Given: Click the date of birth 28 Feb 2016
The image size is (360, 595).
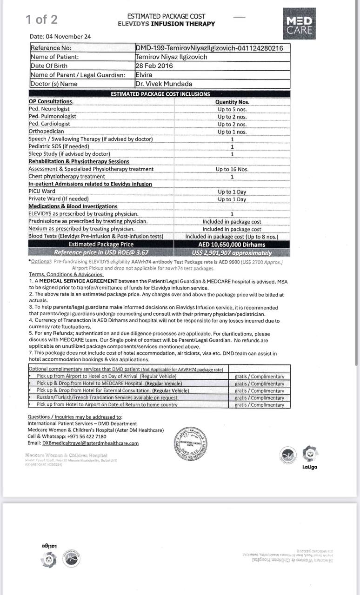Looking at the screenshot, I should [154, 66].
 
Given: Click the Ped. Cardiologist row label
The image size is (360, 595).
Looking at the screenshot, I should [49, 124].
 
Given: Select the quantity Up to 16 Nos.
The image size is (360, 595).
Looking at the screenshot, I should [232, 169].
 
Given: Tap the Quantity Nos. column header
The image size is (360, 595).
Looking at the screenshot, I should [232, 102].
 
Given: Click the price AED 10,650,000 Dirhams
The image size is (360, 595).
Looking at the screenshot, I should [232, 245].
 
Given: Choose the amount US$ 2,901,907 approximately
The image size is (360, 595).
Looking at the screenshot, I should [232, 253].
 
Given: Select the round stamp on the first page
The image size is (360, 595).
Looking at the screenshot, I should [190, 444].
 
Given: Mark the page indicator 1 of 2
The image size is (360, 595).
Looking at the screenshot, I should [42, 20].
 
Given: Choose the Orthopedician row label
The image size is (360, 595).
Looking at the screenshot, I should [47, 132].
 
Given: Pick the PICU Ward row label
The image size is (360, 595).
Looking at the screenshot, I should [42, 192].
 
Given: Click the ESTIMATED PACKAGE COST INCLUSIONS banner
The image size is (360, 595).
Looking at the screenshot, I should [160, 94].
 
